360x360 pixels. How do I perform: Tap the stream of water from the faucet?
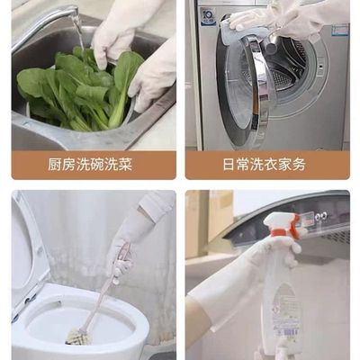[80, 36]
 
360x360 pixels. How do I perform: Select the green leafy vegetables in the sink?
[76, 90]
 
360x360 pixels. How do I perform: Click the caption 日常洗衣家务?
[267, 166]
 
